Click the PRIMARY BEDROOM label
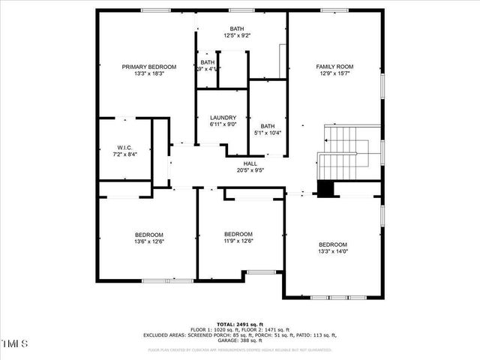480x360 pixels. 148,66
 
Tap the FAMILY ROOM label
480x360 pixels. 334,66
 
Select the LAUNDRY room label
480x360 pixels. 223,117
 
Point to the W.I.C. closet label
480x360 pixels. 124,146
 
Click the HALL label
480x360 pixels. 250,163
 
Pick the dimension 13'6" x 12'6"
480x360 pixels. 148,241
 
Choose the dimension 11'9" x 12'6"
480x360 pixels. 238,241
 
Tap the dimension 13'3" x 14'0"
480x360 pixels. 333,252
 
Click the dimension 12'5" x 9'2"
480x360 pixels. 236,35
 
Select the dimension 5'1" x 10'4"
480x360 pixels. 266,133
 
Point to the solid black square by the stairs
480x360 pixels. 325,188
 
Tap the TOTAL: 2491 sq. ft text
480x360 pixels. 240,323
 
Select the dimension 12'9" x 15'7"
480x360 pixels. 334,73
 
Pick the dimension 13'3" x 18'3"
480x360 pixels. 148,73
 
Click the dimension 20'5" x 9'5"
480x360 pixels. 250,169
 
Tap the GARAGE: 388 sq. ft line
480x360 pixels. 240,341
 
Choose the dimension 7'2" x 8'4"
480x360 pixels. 124,153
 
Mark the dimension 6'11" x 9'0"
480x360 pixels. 223,124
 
